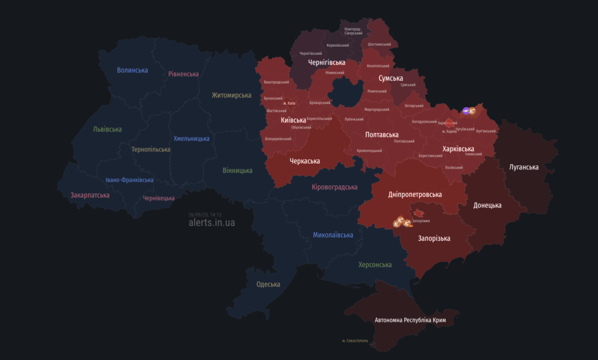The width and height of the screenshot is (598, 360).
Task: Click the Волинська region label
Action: tap(133, 70)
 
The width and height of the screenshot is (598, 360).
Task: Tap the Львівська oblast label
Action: tap(107, 129)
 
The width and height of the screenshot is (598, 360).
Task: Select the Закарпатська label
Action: tap(90, 195)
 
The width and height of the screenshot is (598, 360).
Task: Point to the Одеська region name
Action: tap(268, 285)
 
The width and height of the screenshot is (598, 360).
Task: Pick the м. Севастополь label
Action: tap(355, 341)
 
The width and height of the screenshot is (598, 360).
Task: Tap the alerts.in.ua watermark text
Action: tap(212, 223)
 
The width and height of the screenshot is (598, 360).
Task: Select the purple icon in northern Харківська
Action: tap(466, 110)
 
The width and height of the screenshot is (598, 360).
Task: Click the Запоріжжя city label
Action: tap(421, 221)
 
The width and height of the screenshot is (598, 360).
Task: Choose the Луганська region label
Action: tap(524, 167)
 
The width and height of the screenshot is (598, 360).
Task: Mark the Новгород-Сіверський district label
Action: tap(353, 31)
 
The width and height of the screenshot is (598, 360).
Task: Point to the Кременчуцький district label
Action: tap(369, 151)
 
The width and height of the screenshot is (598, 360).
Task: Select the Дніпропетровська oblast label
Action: tap(415, 194)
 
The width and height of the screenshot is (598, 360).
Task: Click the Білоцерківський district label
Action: tap(278, 139)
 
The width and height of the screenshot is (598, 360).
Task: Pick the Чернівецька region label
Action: tap(158, 198)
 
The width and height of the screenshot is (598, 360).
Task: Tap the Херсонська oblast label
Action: tap(375, 265)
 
